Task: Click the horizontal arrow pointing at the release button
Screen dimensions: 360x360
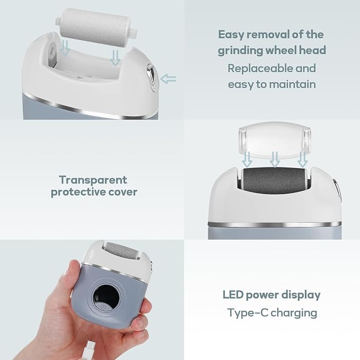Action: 168,79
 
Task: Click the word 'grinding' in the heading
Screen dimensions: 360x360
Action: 240,51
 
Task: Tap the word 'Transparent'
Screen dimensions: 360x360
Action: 93,180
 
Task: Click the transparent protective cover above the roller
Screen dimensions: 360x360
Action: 275,140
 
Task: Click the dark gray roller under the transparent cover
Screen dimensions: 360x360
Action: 274,180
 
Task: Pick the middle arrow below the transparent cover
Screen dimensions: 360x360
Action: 275,160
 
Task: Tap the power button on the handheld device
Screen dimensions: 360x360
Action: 103,307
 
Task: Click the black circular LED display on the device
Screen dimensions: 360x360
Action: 106,297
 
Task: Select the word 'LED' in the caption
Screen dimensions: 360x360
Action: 233,295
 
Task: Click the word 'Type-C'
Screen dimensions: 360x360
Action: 248,313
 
